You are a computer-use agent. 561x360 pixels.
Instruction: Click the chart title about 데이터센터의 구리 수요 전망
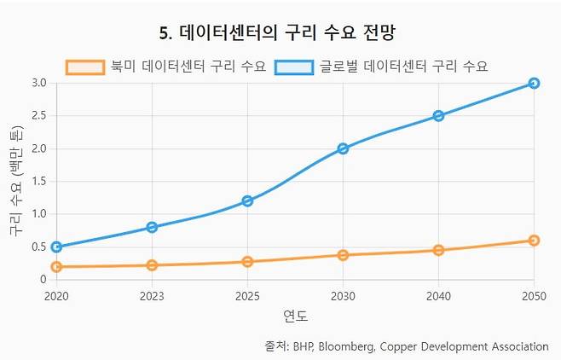280,33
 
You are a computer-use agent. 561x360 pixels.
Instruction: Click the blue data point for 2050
534,83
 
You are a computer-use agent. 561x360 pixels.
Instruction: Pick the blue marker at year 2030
343,148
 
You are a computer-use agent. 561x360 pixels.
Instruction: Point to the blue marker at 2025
247,200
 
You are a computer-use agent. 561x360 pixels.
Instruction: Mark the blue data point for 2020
56,247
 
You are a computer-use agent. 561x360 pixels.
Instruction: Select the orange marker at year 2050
534,241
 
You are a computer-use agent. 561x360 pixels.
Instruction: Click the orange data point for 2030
343,255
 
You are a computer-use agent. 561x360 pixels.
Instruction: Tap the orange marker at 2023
152,265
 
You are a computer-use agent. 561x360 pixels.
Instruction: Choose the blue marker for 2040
438,116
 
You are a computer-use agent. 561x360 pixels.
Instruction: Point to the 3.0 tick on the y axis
38,83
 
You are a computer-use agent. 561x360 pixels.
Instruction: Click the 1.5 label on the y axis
38,181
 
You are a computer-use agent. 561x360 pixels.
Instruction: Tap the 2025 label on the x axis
247,295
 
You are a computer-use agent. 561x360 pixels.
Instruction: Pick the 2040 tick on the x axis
438,295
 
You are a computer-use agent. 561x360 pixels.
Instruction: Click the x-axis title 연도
295,316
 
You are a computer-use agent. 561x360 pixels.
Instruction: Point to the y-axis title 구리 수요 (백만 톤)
15,181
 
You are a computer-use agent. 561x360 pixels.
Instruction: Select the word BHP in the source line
303,346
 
